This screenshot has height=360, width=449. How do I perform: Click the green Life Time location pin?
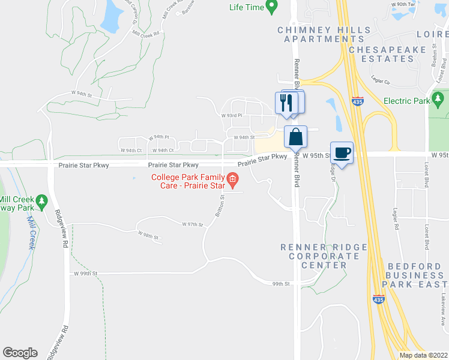pyautogui.click(x=271, y=7)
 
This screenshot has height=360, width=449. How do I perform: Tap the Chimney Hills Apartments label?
pyautogui.click(x=321, y=34)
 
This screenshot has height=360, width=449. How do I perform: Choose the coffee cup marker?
pyautogui.click(x=342, y=154)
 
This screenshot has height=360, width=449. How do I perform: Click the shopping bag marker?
pyautogui.click(x=295, y=137)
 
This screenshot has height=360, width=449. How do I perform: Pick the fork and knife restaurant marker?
pyautogui.click(x=286, y=102)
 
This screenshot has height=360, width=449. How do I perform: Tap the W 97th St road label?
pyautogui.click(x=193, y=224)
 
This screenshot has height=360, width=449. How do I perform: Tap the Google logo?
pyautogui.click(x=20, y=353)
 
